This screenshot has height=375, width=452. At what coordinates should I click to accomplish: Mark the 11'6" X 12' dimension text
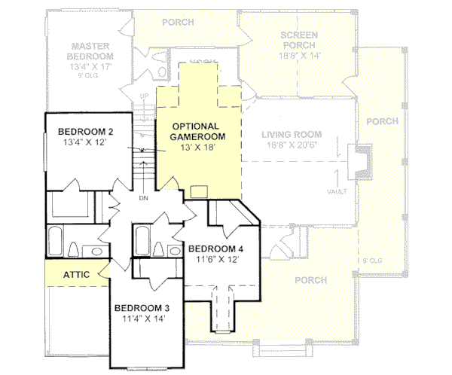pyautogui.click(x=215, y=259)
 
